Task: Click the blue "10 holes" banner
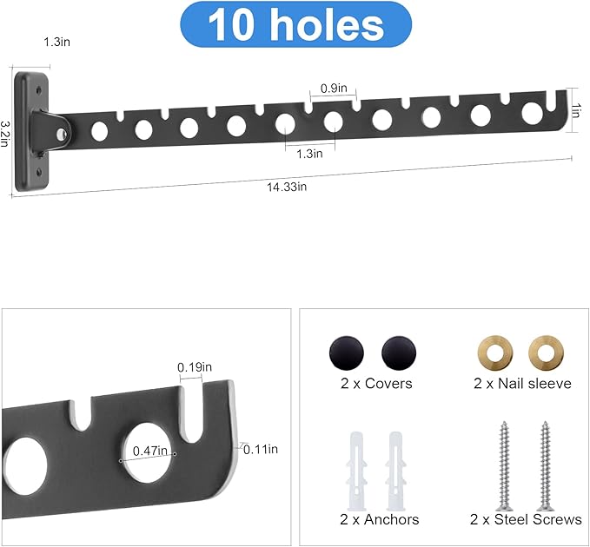(x=296, y=24)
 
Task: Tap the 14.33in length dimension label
(x=287, y=187)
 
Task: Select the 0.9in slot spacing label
(x=334, y=89)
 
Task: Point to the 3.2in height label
(x=4, y=134)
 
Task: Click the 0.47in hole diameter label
(x=149, y=451)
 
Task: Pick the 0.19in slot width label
(x=195, y=367)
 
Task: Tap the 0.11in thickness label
(x=261, y=449)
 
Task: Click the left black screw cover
(x=347, y=353)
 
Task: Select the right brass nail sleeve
(x=546, y=353)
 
